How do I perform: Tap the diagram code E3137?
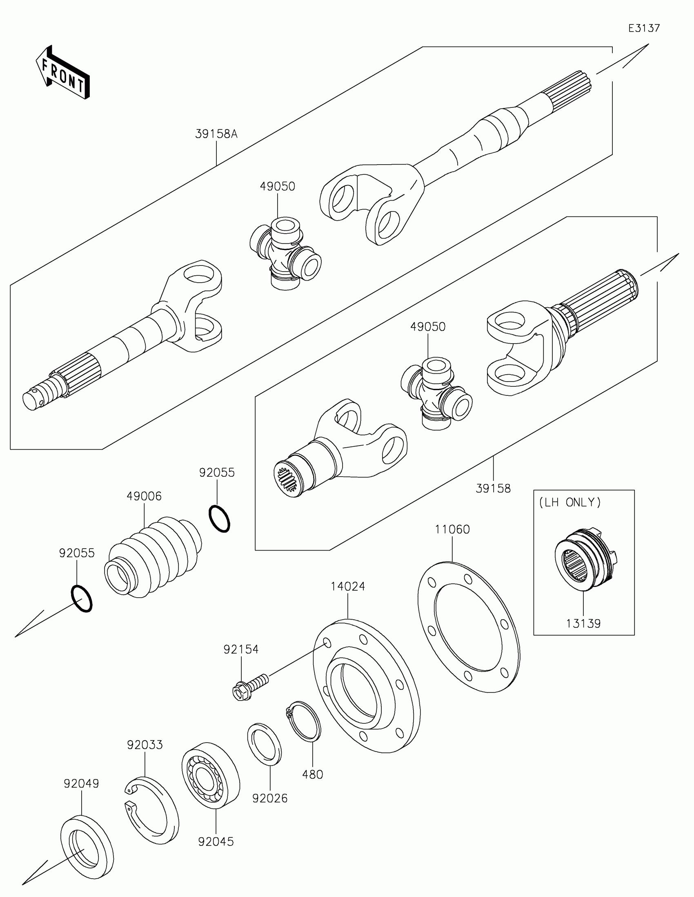click(644, 28)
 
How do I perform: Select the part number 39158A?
click(216, 134)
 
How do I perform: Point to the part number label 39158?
click(493, 489)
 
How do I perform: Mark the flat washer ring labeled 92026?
click(265, 744)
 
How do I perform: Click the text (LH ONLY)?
click(569, 502)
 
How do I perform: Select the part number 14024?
click(348, 587)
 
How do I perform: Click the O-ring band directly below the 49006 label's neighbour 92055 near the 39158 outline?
click(219, 519)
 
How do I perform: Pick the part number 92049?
click(81, 783)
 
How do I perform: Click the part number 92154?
click(241, 649)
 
